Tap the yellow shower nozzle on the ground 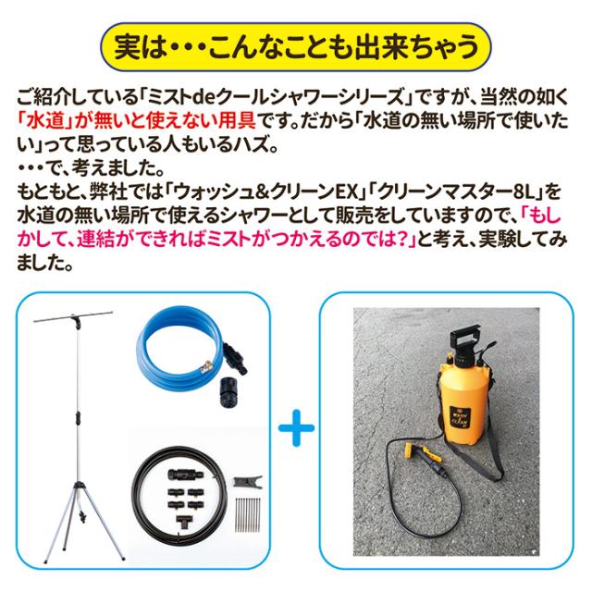pos(422,452)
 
